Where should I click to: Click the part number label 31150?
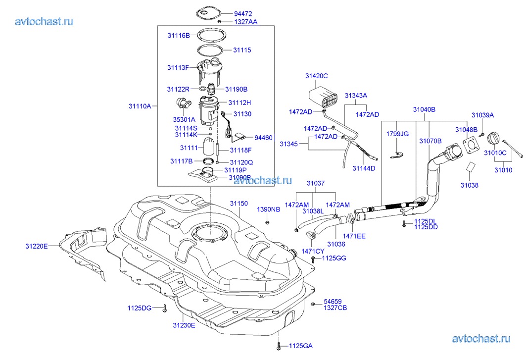point(239,204)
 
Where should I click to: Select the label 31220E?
point(37,246)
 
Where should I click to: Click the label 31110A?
point(140,105)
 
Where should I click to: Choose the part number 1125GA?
point(300,346)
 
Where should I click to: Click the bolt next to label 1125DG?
point(164,309)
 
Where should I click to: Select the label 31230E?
point(184,325)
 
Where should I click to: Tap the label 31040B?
point(424,109)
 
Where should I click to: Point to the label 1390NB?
point(268,209)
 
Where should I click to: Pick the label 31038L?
point(313,211)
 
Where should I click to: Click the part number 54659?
point(333,301)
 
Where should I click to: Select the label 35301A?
point(184,119)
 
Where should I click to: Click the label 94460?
point(263,138)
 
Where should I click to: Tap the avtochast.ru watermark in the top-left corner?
point(45,21)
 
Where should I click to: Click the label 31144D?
point(364,168)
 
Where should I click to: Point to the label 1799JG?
point(397,134)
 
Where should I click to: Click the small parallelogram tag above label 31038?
point(471,166)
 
